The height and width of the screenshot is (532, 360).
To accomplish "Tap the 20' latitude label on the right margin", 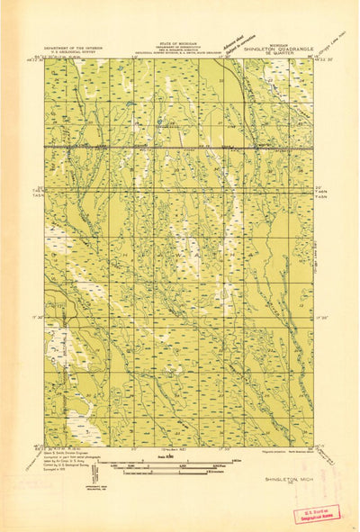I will [322, 187].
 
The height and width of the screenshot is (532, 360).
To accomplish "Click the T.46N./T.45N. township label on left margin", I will [37, 192].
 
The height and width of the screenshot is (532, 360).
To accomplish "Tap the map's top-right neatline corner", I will [314, 59].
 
